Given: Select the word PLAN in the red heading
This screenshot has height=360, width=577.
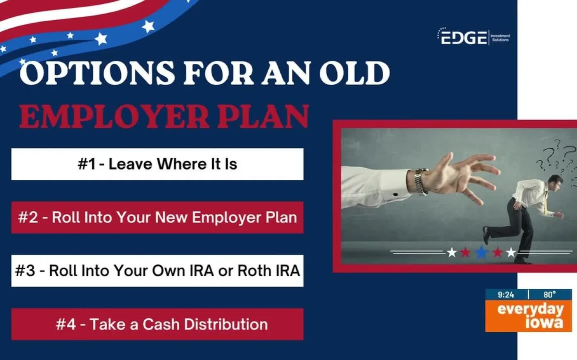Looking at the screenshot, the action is click(263, 116).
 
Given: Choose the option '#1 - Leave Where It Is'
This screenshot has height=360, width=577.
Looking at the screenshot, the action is click(157, 164).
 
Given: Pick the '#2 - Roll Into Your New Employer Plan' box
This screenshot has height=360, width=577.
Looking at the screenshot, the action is click(157, 217).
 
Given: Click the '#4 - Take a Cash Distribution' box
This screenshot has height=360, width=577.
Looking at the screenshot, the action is click(157, 324).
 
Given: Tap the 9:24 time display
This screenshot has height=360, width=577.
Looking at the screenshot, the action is click(506, 295).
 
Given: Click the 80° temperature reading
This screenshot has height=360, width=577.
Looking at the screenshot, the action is click(550, 295).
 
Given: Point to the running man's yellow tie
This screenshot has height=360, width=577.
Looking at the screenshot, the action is click(546, 202).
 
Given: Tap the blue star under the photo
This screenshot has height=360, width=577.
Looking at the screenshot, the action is click(481, 252).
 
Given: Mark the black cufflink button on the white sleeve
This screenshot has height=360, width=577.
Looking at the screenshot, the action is click(396, 194).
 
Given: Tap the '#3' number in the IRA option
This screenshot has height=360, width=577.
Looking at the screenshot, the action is click(25, 271).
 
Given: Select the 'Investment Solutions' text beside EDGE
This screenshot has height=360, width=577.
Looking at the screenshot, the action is click(500, 38).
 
